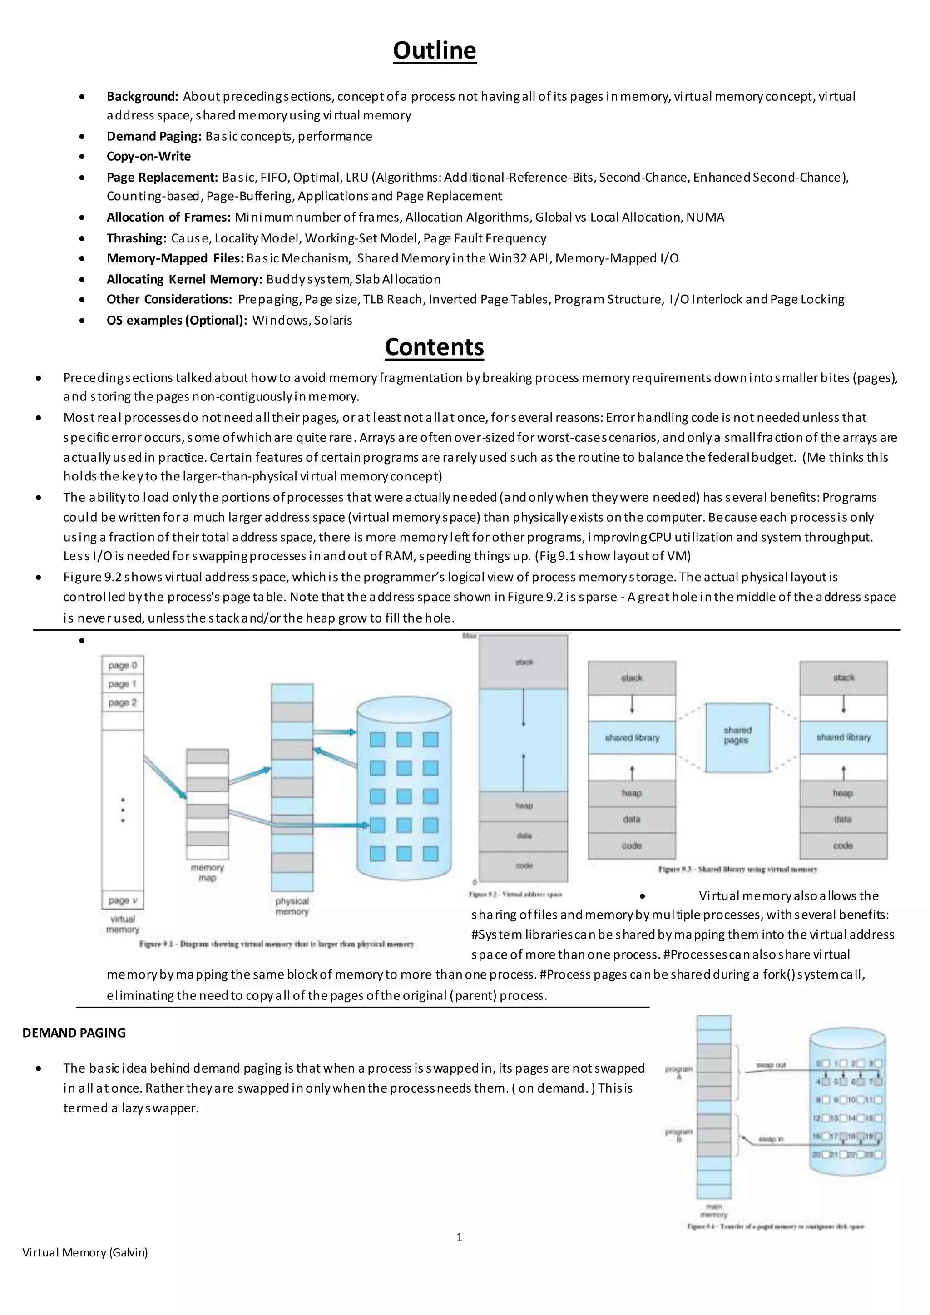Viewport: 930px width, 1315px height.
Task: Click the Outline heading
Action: pos(434,50)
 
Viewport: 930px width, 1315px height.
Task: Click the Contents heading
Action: pos(434,347)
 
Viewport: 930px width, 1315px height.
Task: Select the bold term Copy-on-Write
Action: pos(148,156)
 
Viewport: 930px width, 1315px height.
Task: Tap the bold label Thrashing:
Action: pos(136,238)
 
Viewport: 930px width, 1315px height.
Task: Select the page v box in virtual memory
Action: pos(123,900)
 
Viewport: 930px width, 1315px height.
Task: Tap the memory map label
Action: pos(208,873)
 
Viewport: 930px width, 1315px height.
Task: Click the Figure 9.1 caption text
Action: pos(276,944)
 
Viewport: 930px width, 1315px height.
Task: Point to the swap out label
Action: pos(772,1065)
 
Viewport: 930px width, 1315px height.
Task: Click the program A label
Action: pos(678,1073)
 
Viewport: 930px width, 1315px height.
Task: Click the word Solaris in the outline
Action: pos(333,321)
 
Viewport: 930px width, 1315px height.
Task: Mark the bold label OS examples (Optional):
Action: pos(176,321)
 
